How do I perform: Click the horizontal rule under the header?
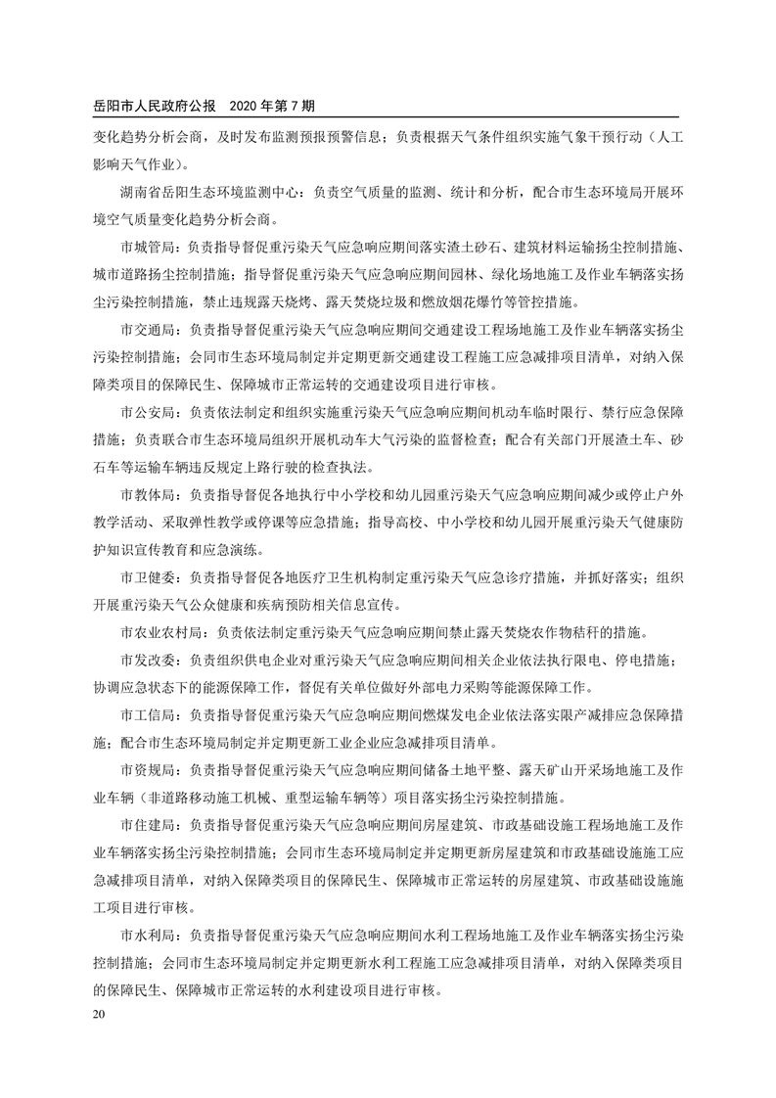coord(388,117)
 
